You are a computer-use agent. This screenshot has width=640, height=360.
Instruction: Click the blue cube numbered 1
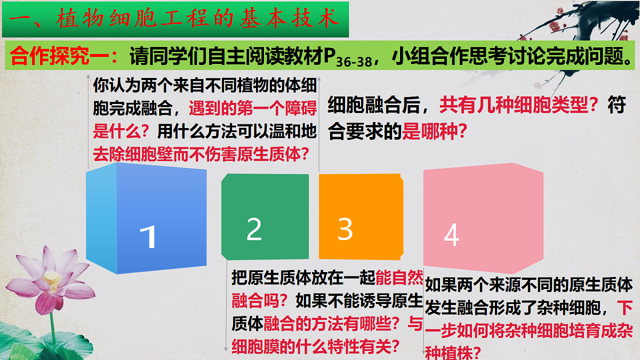point(147,219)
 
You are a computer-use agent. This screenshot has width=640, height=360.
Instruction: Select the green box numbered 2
point(265,216)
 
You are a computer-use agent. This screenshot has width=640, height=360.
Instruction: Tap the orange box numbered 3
point(361,216)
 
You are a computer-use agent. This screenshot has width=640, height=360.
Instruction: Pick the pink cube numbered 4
point(483,219)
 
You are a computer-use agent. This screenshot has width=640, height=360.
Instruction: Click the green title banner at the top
point(176,20)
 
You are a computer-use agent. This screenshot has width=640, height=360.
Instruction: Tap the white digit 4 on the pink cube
point(451,235)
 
